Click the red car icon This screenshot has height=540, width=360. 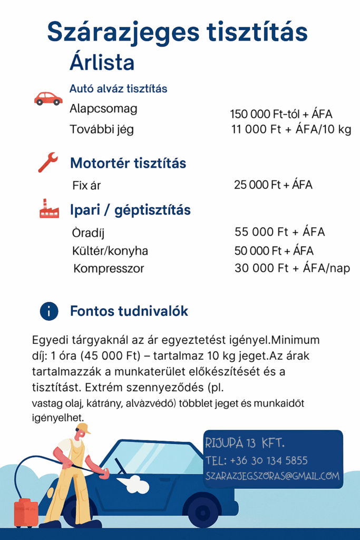[48, 98]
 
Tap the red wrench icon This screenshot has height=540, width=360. [48, 162]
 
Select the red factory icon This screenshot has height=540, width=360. [49, 209]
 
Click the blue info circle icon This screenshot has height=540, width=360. [49, 312]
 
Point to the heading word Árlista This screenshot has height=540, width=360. [102, 63]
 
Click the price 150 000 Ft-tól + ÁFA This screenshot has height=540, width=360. [281, 114]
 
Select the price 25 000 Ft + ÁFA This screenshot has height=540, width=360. [273, 185]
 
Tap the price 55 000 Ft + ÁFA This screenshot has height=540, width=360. [279, 232]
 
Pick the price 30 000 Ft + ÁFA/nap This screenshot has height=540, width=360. [292, 268]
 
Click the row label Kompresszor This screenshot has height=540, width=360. [109, 269]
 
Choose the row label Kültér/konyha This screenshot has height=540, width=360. [110, 250]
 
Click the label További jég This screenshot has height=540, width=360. [102, 129]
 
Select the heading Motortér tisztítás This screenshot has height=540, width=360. [128, 163]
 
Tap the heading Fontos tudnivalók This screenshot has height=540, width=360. [129, 312]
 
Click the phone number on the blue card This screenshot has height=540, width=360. [257, 460]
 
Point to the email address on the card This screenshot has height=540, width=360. [271, 476]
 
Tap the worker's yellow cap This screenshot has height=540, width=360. [83, 428]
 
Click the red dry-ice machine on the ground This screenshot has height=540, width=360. [26, 513]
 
